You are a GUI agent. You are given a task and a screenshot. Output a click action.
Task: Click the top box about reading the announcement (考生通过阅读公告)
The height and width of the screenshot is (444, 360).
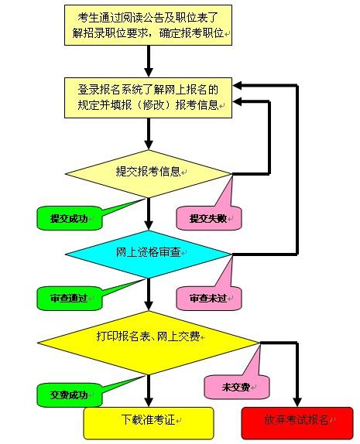pyautogui.click(x=148, y=25)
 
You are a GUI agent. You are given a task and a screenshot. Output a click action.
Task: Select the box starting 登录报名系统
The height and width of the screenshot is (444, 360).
pyautogui.click(x=148, y=97)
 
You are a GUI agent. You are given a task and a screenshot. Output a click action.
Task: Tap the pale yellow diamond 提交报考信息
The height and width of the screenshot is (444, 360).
pyautogui.click(x=148, y=173)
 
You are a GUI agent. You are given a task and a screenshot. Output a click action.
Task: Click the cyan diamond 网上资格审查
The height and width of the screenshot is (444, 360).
pyautogui.click(x=148, y=254)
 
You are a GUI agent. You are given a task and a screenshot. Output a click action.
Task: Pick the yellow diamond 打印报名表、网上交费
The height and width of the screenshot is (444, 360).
pyautogui.click(x=148, y=343)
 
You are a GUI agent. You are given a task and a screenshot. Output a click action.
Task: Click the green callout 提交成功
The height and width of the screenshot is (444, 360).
pyautogui.click(x=70, y=218)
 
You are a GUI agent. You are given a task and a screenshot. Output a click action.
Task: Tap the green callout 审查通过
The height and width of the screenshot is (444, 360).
pyautogui.click(x=70, y=298)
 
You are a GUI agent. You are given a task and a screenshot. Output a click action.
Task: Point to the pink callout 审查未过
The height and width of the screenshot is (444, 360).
pyautogui.click(x=209, y=298)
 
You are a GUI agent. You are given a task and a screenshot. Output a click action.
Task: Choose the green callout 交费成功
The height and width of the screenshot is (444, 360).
pyautogui.click(x=70, y=394)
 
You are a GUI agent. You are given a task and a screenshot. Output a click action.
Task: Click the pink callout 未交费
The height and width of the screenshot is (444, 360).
pyautogui.click(x=237, y=387)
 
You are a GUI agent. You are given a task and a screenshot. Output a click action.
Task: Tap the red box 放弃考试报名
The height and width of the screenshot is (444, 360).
pyautogui.click(x=297, y=423)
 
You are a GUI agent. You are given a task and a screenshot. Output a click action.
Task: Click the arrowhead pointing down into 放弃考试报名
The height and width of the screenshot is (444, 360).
pyautogui.click(x=297, y=402)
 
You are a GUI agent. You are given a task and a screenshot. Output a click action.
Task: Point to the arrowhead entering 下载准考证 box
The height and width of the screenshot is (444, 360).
pyautogui.click(x=149, y=402)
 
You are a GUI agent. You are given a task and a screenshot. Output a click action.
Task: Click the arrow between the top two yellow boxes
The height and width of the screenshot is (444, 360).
pyautogui.click(x=149, y=61)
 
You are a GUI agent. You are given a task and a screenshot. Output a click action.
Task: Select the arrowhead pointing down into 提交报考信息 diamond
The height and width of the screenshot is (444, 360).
pyautogui.click(x=149, y=145)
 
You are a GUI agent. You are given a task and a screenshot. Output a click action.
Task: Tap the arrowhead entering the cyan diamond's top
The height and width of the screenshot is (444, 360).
pyautogui.click(x=149, y=225)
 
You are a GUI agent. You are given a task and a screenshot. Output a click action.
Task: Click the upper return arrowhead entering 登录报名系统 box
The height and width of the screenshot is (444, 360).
pyautogui.click(x=237, y=85)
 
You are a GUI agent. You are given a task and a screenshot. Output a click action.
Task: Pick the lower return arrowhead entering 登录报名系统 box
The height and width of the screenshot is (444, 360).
pyautogui.click(x=237, y=101)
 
